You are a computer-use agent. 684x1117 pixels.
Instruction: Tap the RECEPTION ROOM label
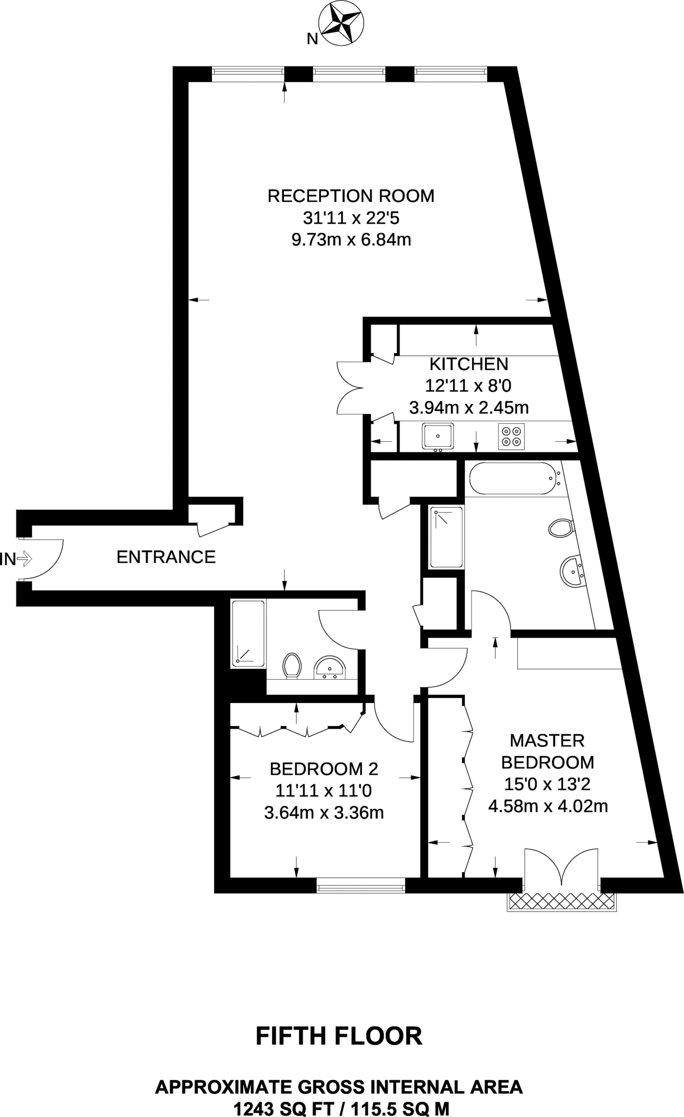click(351, 196)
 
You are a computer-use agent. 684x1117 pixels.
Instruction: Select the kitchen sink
click(438, 436)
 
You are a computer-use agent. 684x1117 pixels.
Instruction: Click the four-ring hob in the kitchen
click(511, 436)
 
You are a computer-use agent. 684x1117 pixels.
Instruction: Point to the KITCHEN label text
click(469, 364)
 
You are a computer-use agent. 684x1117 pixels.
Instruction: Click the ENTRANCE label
click(166, 557)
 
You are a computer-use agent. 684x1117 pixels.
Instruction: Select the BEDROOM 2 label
click(324, 769)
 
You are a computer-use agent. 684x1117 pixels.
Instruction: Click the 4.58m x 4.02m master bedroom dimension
click(548, 806)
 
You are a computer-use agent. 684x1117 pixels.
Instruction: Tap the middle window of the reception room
click(349, 74)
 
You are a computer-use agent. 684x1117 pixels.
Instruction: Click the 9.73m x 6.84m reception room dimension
click(351, 240)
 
